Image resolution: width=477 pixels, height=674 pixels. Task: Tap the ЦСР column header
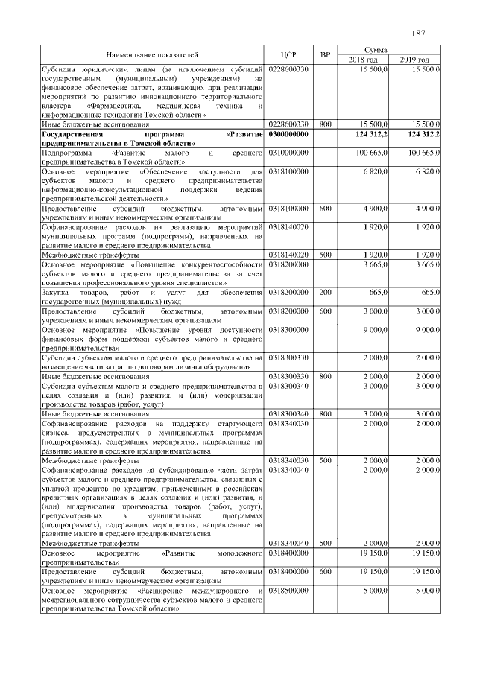click(x=289, y=54)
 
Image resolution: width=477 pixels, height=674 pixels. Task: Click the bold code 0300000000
click(x=288, y=134)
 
